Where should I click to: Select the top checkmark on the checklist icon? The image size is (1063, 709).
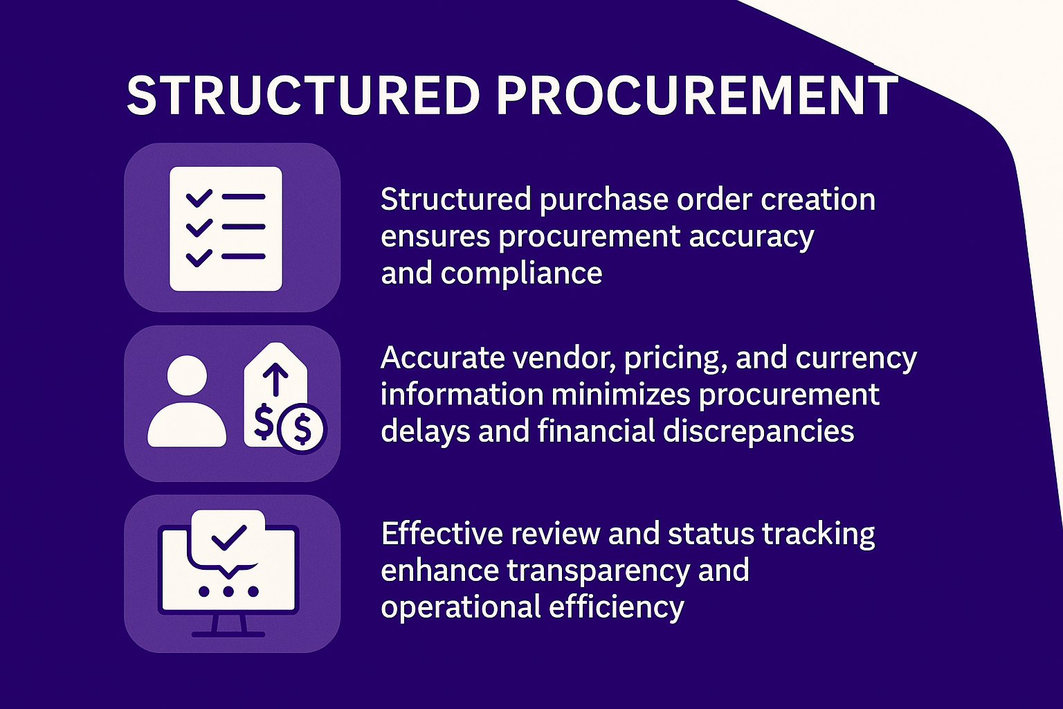click(x=199, y=198)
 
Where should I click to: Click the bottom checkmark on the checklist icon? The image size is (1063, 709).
click(x=199, y=258)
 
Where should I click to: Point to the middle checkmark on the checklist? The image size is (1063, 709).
click(x=199, y=228)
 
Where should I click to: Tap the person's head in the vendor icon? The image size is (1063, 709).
click(x=187, y=375)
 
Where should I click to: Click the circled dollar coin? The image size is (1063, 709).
click(x=302, y=429)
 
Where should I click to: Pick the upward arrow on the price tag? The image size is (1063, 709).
click(x=275, y=380)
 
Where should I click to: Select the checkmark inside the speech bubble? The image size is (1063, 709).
click(x=229, y=537)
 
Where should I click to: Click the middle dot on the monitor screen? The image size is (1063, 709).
click(x=228, y=591)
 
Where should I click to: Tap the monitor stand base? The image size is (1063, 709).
click(x=228, y=634)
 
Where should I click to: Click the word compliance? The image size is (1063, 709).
click(x=521, y=274)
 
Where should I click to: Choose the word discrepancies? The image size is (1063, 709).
click(x=758, y=431)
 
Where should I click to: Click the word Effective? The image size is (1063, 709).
click(x=442, y=533)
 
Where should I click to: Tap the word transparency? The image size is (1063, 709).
click(x=598, y=571)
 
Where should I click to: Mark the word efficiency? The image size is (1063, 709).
click(x=616, y=607)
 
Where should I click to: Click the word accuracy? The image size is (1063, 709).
click(x=752, y=237)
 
